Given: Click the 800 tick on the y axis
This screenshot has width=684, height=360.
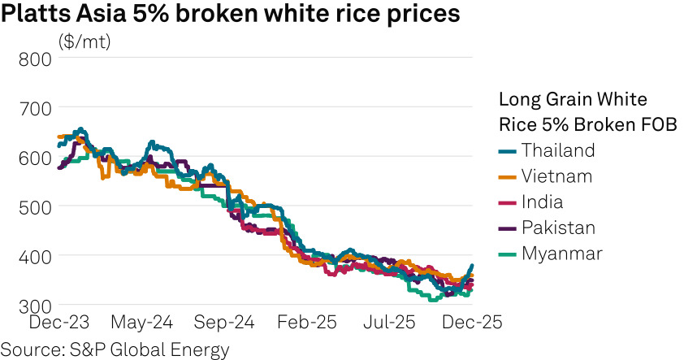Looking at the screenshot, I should [35, 59].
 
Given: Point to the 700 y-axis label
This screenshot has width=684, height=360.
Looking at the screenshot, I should [35, 108].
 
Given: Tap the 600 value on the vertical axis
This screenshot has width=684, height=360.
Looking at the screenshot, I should [35, 158].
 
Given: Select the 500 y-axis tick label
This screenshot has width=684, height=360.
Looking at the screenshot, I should [35, 206].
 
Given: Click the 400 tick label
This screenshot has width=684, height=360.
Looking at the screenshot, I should [35, 256].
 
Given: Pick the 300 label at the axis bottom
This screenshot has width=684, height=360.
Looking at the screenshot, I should [35, 306].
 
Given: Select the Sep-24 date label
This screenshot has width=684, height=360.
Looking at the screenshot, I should [223, 323].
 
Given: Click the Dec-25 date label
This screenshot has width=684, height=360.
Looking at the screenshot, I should [471, 323].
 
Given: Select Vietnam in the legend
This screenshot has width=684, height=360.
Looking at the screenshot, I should [556, 176].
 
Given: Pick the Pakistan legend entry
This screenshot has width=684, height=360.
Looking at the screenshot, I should [558, 228].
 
